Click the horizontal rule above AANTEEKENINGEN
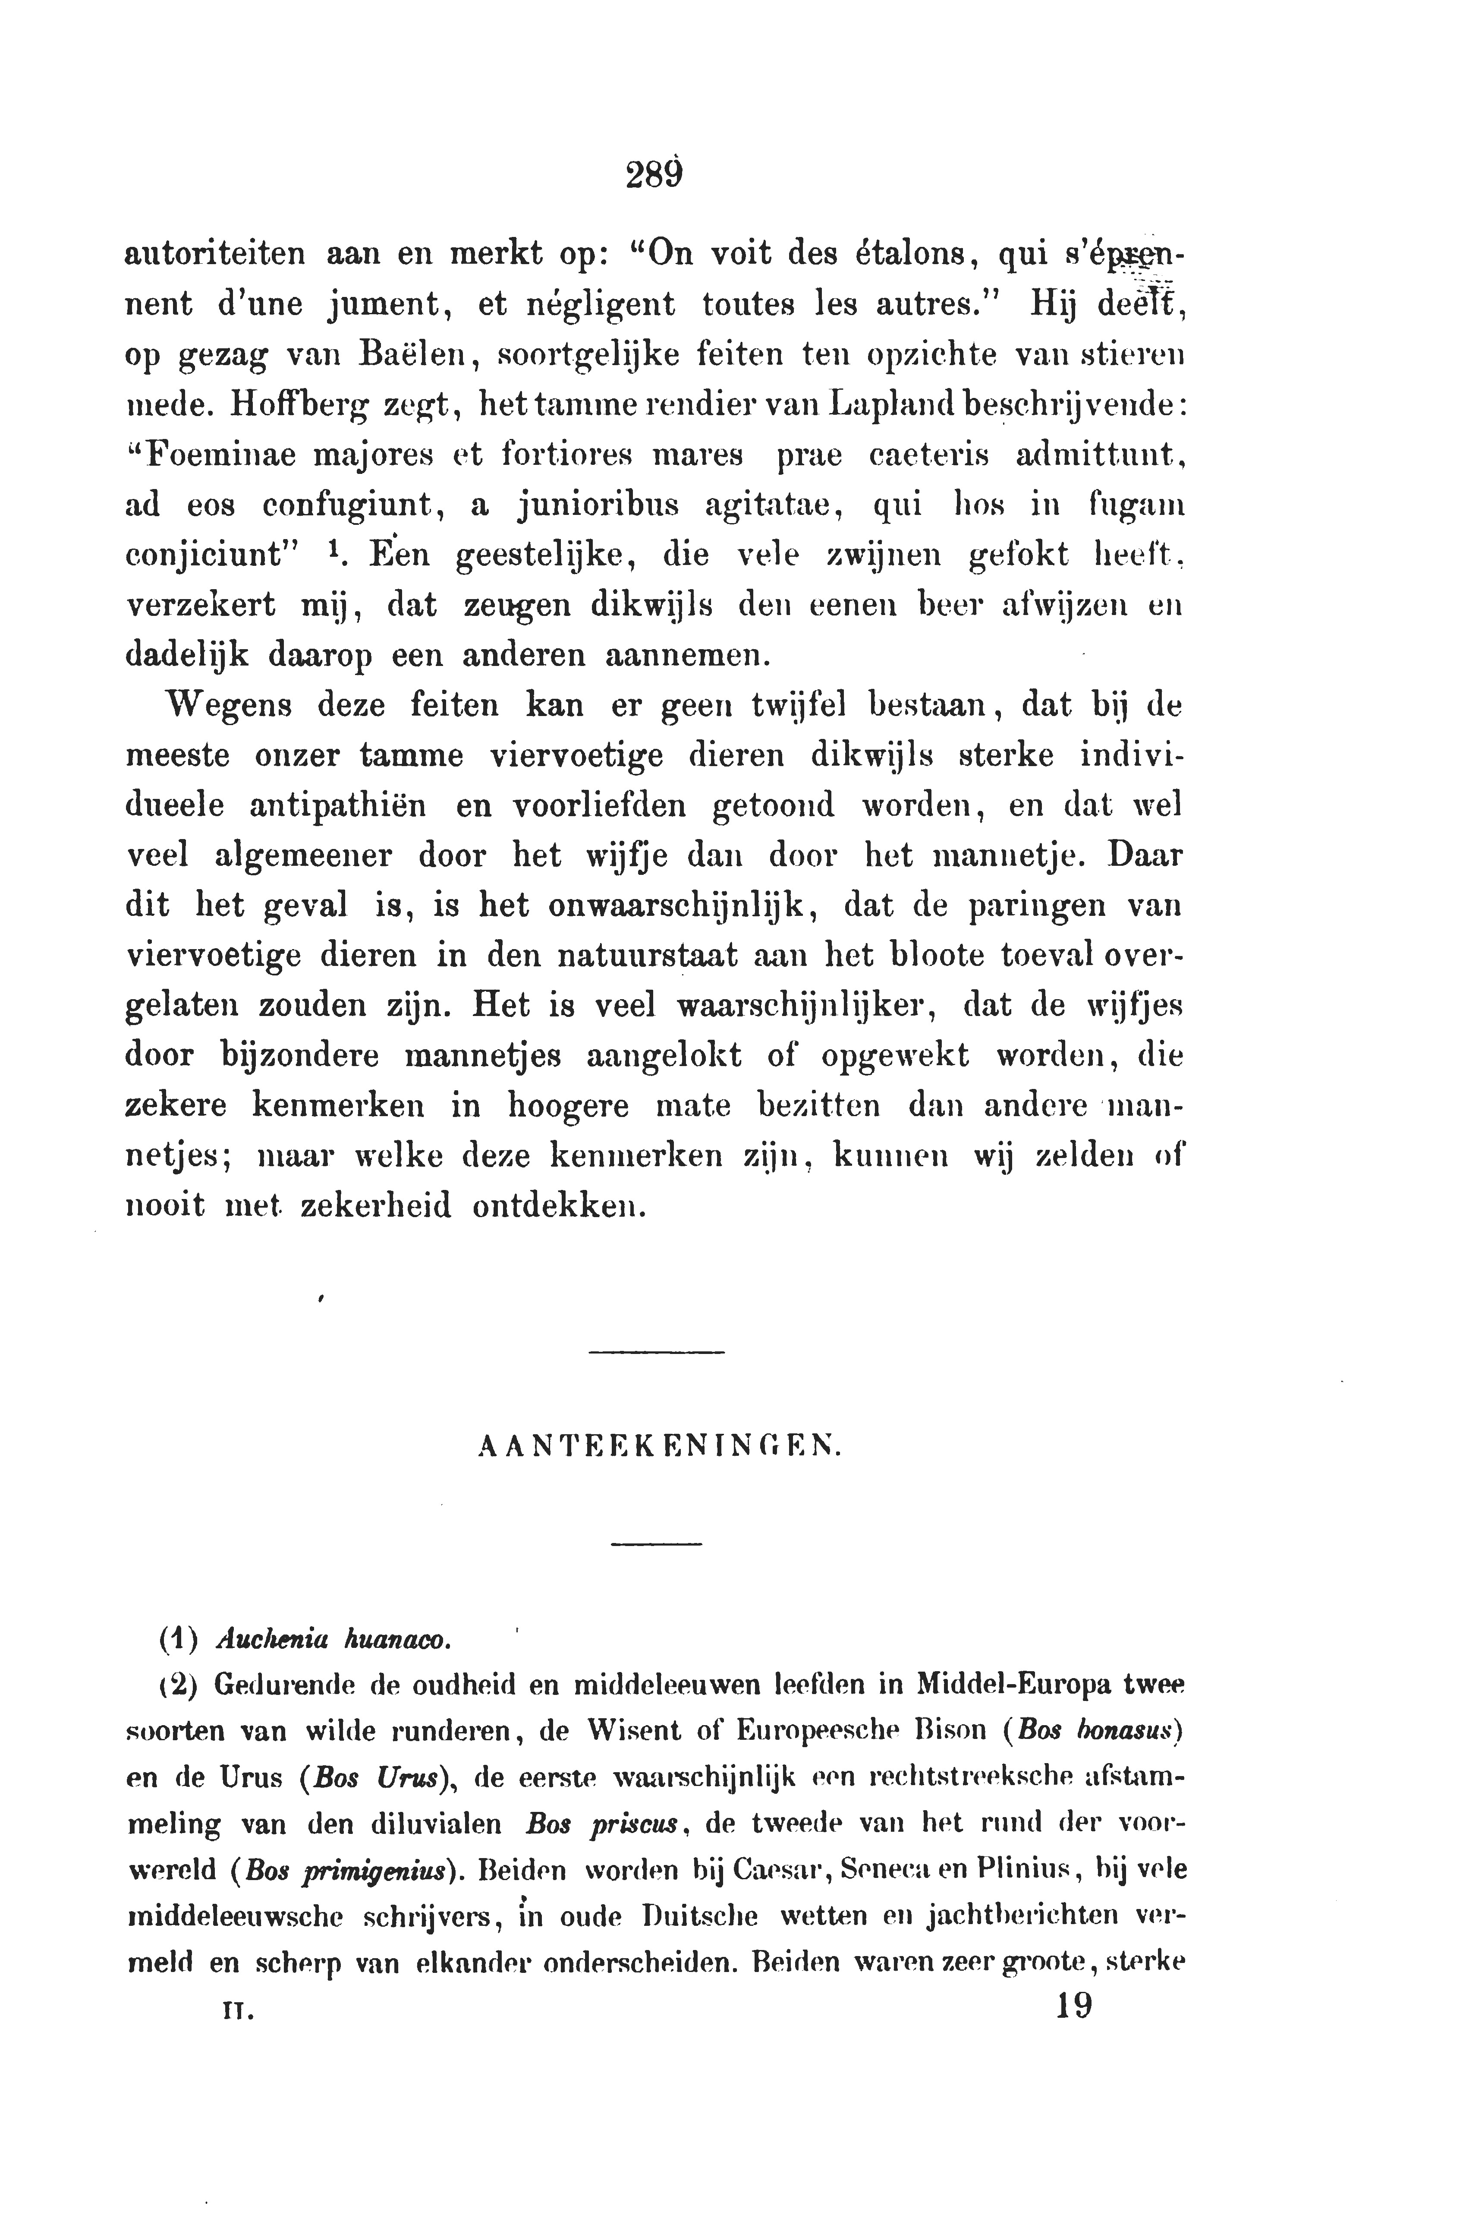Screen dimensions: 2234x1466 [657, 1352]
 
